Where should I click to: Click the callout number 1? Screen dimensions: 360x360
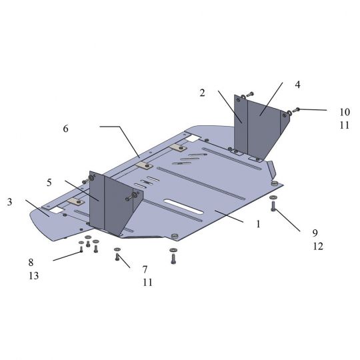[x=258, y=224]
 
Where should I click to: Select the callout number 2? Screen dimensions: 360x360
[x=202, y=93]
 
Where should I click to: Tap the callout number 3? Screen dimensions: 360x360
[x=9, y=202]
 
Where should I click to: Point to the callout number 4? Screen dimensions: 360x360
[x=297, y=85]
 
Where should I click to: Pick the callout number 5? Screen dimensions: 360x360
[x=49, y=183]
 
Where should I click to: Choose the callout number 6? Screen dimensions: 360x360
[x=65, y=129]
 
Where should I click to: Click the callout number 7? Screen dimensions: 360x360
[x=145, y=269]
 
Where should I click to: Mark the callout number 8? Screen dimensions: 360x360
[x=31, y=263]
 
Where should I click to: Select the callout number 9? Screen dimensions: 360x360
[x=315, y=233]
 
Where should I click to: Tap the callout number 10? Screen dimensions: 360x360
[x=345, y=112]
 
